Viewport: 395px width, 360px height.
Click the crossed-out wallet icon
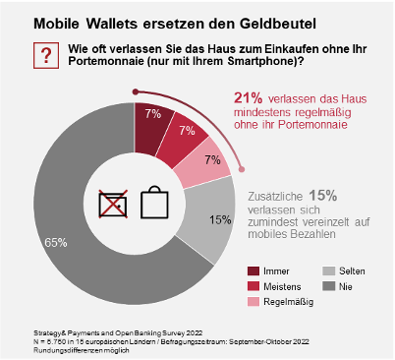[113, 204]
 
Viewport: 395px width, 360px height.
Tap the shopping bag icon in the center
[155, 202]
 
